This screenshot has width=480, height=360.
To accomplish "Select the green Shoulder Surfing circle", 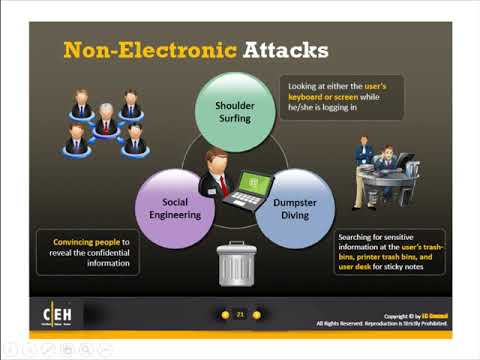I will (x=237, y=111).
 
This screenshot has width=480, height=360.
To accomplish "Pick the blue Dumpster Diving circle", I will (x=297, y=207).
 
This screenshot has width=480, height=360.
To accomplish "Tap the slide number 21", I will (x=240, y=314).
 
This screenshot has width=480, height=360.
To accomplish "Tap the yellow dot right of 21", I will (x=257, y=314).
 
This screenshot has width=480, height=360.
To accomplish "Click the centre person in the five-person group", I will (x=105, y=125).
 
